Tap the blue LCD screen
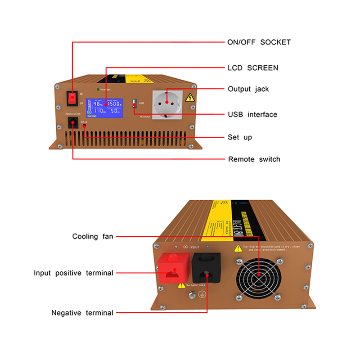[105, 108]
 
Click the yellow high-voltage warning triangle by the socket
[190, 97]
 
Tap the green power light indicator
[99, 90]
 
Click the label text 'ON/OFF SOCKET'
[259, 42]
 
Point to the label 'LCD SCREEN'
[253, 68]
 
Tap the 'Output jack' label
[248, 89]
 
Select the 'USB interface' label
[252, 115]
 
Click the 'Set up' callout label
[240, 137]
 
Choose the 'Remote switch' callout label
[254, 159]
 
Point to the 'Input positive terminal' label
[73, 273]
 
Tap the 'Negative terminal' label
[82, 313]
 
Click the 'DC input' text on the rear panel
[191, 247]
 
